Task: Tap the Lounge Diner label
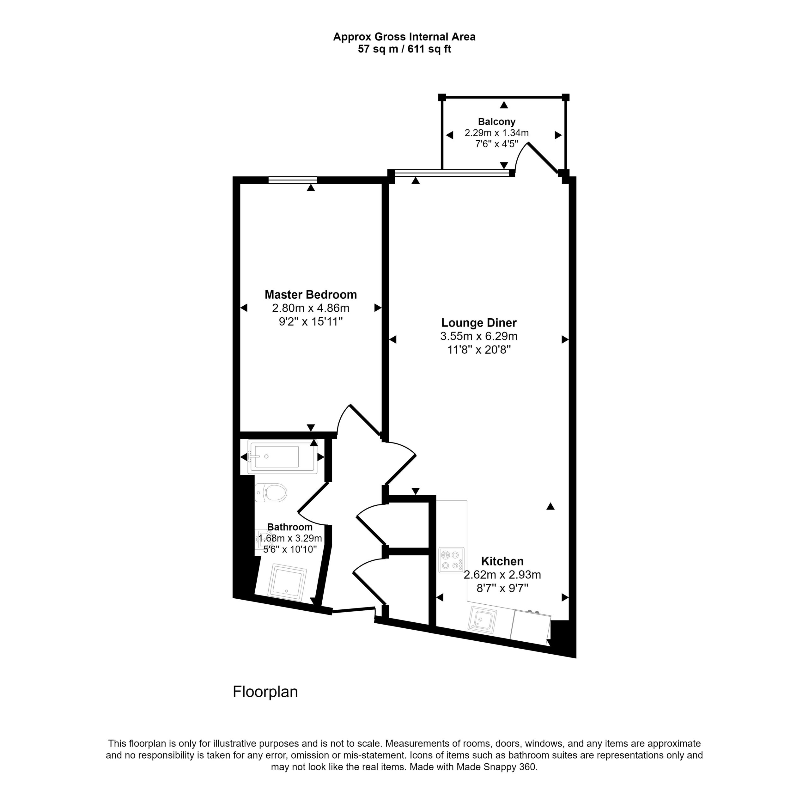479,323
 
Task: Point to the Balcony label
496,122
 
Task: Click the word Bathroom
290,527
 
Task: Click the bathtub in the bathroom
283,457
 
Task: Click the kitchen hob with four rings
452,560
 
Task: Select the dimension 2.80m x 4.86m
311,308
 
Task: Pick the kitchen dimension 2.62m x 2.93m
502,575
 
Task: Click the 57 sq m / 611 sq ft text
404,49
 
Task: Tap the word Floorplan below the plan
265,692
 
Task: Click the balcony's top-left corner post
442,97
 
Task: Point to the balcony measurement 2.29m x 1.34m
496,133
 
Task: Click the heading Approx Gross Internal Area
404,37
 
